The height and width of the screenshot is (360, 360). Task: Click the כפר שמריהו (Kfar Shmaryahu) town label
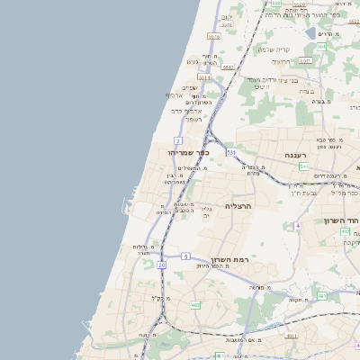coord(184,152)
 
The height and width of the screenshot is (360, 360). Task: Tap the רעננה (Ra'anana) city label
coord(297,155)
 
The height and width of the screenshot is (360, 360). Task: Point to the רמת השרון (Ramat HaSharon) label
coord(241,258)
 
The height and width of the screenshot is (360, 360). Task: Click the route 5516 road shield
coord(213,37)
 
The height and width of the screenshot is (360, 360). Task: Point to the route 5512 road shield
coord(229,67)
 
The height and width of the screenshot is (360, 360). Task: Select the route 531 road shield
coord(232,152)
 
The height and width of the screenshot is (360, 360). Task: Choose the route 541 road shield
coord(304,166)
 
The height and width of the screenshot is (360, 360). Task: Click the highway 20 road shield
coord(162,265)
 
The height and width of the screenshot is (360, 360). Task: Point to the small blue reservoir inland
coord(310,34)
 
